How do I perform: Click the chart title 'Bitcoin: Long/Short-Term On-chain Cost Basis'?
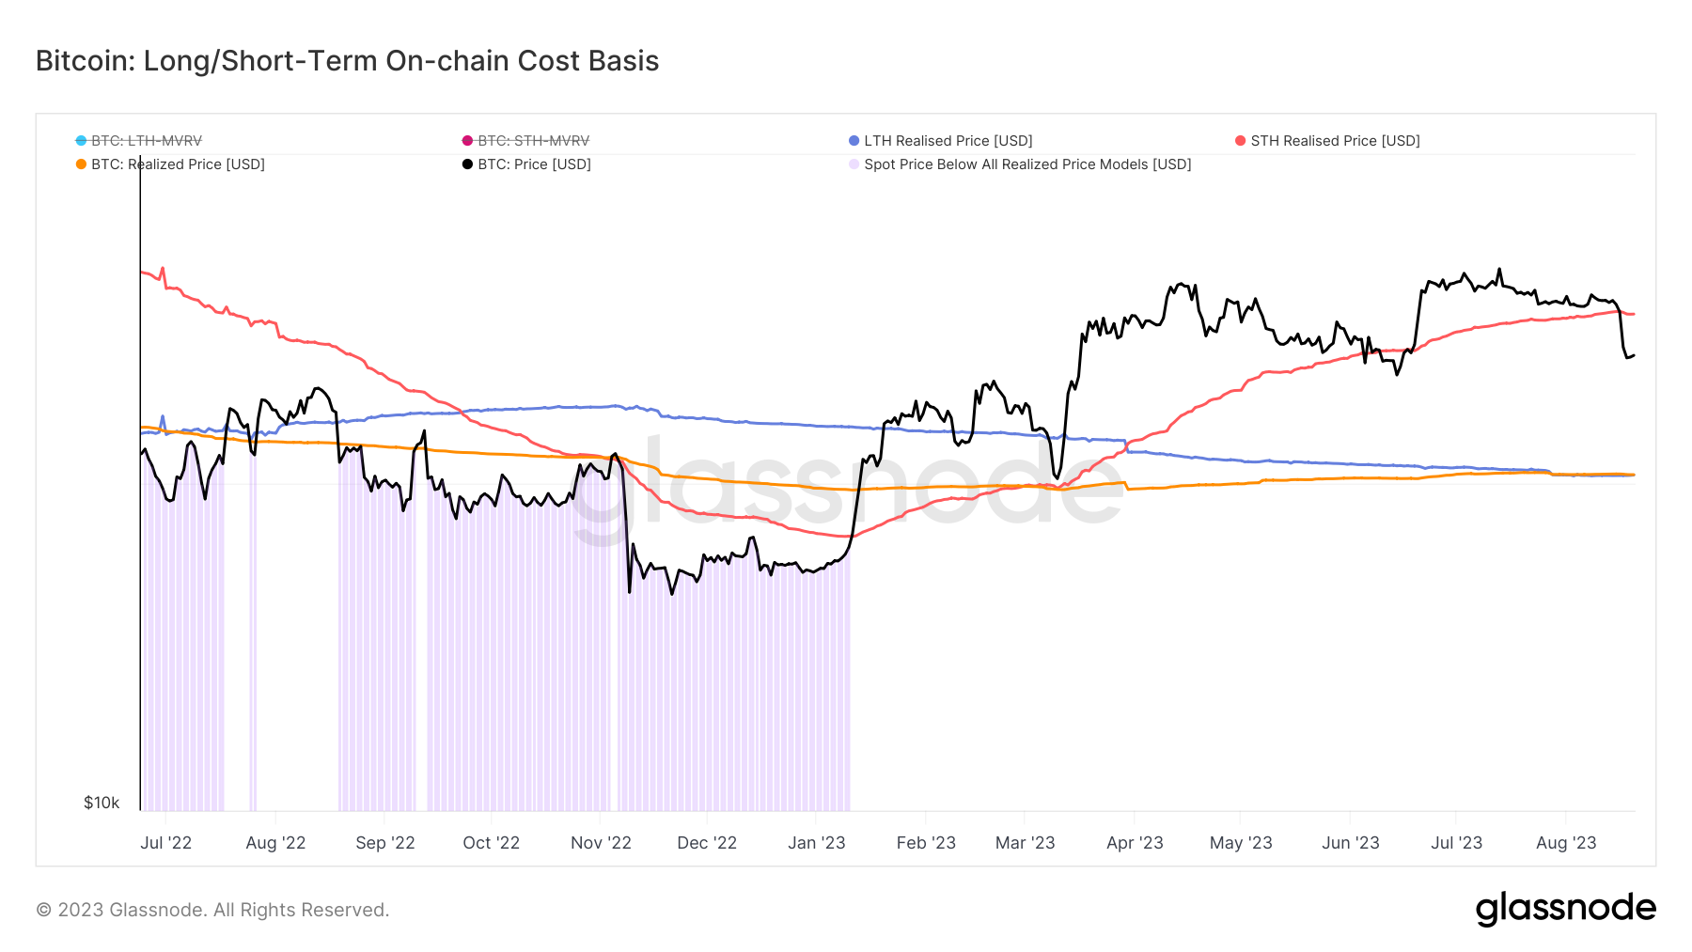pyautogui.click(x=347, y=61)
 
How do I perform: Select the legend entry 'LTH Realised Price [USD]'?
pyautogui.click(x=948, y=141)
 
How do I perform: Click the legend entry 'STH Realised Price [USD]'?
pyautogui.click(x=1335, y=141)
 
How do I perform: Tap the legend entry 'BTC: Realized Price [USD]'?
pyautogui.click(x=178, y=164)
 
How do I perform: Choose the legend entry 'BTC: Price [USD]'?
pyautogui.click(x=534, y=164)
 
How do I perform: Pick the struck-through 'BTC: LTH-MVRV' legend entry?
pyautogui.click(x=146, y=141)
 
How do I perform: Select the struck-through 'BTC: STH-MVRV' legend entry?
pyautogui.click(x=533, y=141)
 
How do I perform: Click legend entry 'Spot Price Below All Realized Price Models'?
pyautogui.click(x=1026, y=164)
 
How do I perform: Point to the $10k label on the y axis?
pyautogui.click(x=102, y=803)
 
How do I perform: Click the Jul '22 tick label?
pyautogui.click(x=165, y=843)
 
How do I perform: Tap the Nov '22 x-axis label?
pyautogui.click(x=601, y=843)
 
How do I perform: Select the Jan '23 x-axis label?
pyautogui.click(x=816, y=843)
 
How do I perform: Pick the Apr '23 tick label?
pyautogui.click(x=1135, y=843)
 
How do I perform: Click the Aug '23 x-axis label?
pyautogui.click(x=1565, y=843)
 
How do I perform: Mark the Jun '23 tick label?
pyautogui.click(x=1350, y=843)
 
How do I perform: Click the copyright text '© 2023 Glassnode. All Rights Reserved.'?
pyautogui.click(x=212, y=910)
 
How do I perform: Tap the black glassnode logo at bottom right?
pyautogui.click(x=1565, y=909)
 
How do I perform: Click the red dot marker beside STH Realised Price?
pyautogui.click(x=1240, y=141)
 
